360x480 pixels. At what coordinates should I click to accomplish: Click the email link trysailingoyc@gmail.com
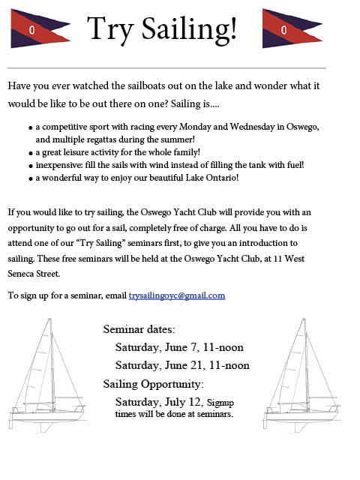[177, 295]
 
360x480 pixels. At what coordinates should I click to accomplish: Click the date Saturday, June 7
[154, 347]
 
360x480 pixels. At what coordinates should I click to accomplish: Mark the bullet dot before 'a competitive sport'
[30, 127]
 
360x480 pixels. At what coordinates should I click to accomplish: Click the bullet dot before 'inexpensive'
[30, 165]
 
